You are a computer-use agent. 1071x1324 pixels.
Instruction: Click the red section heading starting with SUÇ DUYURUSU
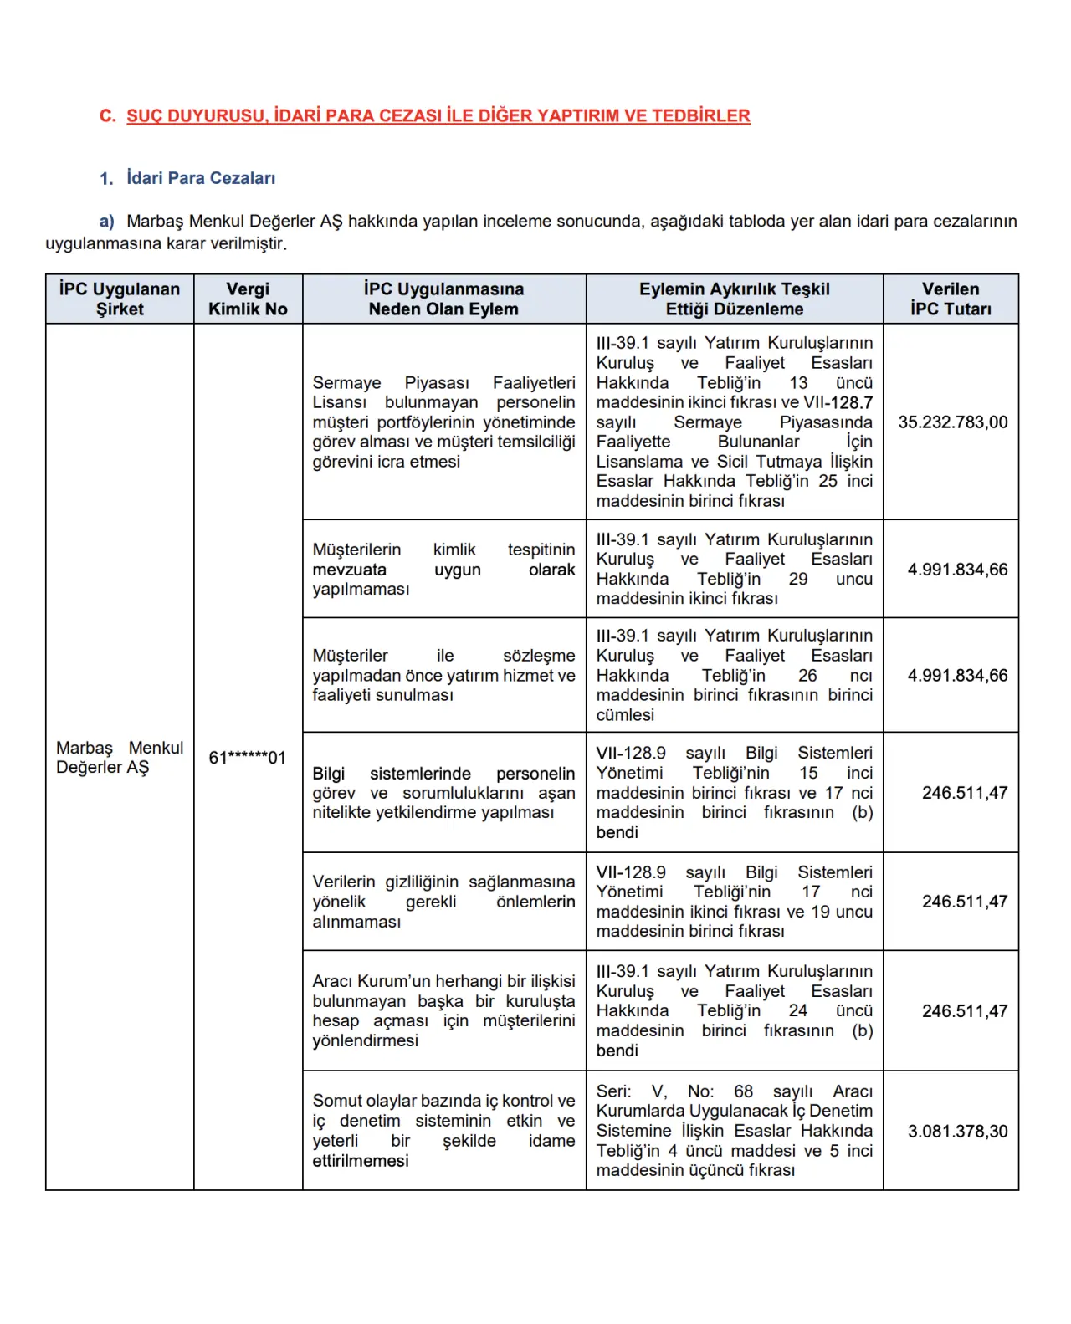click(438, 116)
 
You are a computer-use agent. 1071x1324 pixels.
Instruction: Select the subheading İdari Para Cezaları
click(200, 178)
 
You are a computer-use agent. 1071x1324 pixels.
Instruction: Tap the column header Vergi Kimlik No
click(248, 299)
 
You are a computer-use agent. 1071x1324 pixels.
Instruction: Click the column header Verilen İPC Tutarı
click(951, 299)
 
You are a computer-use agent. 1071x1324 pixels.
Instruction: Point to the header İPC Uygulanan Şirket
click(120, 299)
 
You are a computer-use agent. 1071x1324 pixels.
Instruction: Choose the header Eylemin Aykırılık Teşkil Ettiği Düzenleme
click(734, 299)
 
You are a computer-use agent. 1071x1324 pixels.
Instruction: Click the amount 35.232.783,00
click(953, 422)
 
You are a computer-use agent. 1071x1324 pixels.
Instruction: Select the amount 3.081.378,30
click(957, 1132)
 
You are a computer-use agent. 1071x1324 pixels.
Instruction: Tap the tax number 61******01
click(247, 758)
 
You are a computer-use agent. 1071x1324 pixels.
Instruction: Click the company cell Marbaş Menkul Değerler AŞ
click(120, 758)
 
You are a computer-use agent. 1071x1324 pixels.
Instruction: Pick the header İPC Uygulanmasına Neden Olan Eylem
click(443, 299)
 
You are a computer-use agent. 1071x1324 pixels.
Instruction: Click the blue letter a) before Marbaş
click(106, 222)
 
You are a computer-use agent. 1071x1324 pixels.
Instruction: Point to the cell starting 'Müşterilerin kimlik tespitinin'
click(443, 570)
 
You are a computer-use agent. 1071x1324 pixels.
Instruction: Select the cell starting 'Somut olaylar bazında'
click(443, 1131)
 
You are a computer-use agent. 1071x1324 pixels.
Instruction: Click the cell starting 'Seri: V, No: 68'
click(734, 1131)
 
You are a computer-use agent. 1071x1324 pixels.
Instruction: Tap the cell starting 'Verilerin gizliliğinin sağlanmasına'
click(443, 902)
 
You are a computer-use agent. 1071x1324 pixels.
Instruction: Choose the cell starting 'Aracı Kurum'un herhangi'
click(443, 1010)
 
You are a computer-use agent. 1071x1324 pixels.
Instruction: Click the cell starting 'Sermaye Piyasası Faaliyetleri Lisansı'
click(443, 422)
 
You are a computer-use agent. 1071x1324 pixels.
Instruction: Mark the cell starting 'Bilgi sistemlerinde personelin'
click(443, 793)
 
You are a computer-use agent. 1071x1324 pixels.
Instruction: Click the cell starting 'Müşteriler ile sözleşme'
click(443, 675)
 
